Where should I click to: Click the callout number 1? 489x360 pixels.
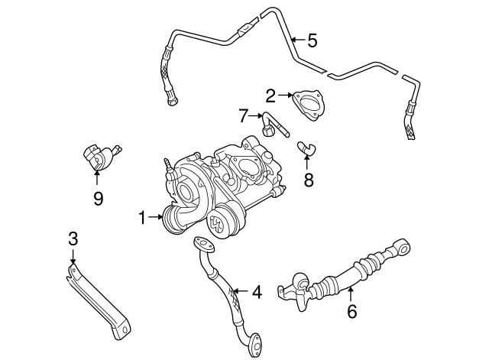tap(141, 218)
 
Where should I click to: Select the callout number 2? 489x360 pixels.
tap(270, 96)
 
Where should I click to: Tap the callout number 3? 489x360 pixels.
tap(73, 238)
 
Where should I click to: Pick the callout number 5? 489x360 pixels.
tap(312, 39)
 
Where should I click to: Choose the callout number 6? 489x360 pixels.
tap(351, 311)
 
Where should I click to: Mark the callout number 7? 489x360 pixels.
tap(244, 116)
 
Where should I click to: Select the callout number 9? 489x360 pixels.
tap(98, 199)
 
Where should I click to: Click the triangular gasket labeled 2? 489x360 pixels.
tap(308, 104)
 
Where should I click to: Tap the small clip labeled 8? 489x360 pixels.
tap(307, 146)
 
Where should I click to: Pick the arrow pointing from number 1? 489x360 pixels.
tap(154, 218)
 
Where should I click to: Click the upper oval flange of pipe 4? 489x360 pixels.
tap(204, 245)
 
